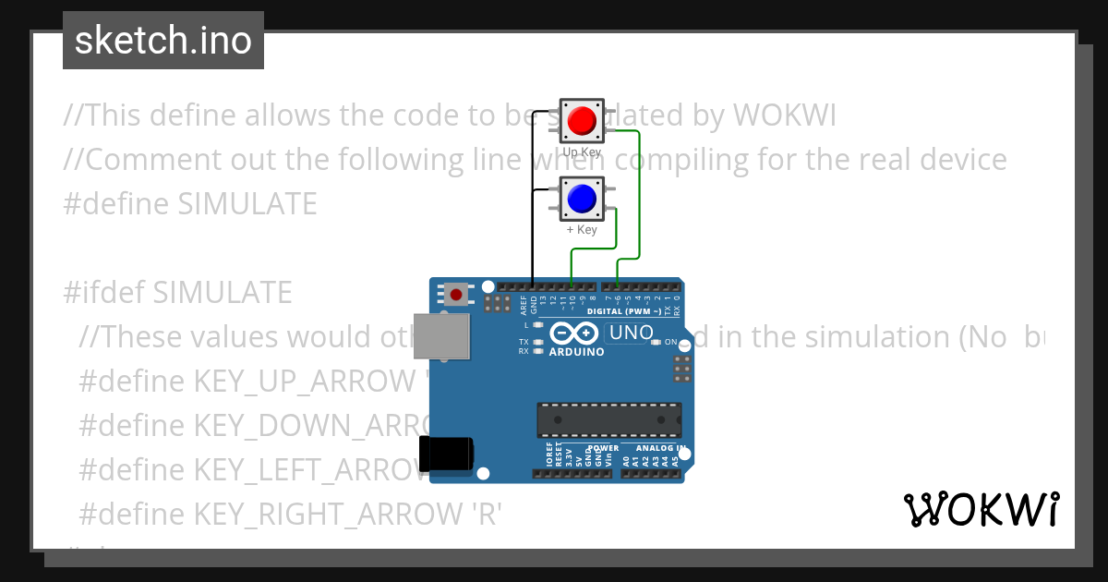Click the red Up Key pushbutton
tap(581, 120)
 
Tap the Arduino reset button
tap(455, 295)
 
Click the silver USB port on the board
tap(441, 334)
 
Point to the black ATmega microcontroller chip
tap(610, 419)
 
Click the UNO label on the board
tap(632, 333)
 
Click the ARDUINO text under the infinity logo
tap(576, 352)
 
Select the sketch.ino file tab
tap(163, 41)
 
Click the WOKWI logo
tap(981, 509)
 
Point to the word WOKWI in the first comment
tap(784, 115)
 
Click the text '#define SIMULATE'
tap(190, 203)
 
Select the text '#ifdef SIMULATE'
tap(178, 292)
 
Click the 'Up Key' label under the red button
tap(581, 151)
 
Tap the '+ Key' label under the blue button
tap(581, 230)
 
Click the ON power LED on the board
tap(656, 342)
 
